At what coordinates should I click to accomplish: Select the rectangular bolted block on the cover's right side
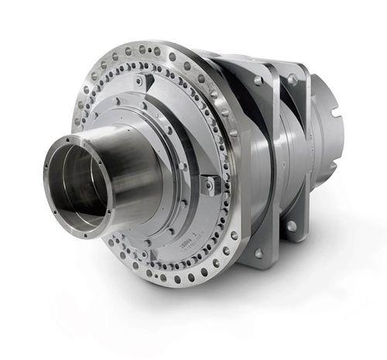coord(209,183)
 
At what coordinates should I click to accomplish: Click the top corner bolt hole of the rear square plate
coord(293,79)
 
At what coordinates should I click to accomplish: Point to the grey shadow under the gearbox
coord(232,310)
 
